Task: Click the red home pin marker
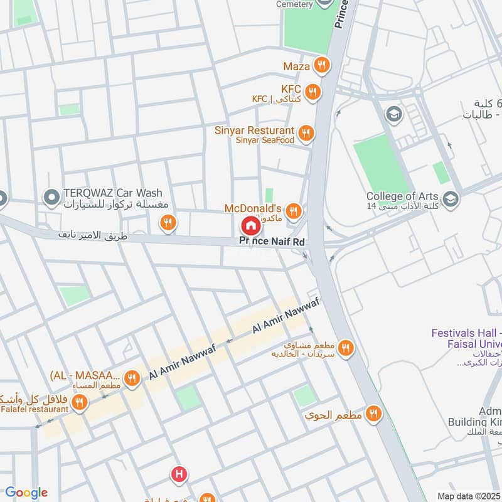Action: pyautogui.click(x=250, y=226)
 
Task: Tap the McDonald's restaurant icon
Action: pyautogui.click(x=294, y=210)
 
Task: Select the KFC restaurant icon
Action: pyautogui.click(x=312, y=92)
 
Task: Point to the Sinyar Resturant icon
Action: pyautogui.click(x=306, y=132)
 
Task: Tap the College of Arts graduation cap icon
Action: pyautogui.click(x=450, y=199)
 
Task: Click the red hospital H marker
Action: pyautogui.click(x=180, y=474)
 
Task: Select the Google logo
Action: pyautogui.click(x=26, y=493)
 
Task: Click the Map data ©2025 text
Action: pyautogui.click(x=468, y=496)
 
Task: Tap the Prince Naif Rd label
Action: pyautogui.click(x=272, y=242)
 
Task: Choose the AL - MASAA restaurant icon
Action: pyautogui.click(x=132, y=378)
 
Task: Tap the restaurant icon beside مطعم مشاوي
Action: pyautogui.click(x=344, y=348)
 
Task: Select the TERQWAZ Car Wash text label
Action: pyautogui.click(x=112, y=193)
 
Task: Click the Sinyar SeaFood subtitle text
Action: pyautogui.click(x=265, y=141)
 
